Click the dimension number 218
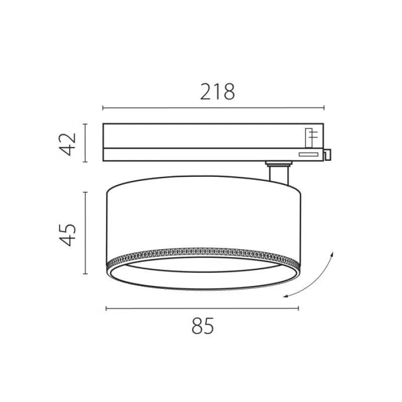pyautogui.click(x=218, y=92)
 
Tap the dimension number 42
pyautogui.click(x=68, y=144)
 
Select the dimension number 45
pyautogui.click(x=68, y=235)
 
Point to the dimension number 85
pyautogui.click(x=203, y=326)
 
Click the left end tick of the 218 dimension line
pyautogui.click(x=103, y=108)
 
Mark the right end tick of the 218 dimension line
pyautogui.click(x=324, y=108)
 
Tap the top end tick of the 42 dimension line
pyautogui.click(x=85, y=124)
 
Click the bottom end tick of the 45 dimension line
pyautogui.click(x=85, y=274)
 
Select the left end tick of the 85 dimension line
pyautogui.click(x=106, y=308)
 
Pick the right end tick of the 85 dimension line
pyautogui.click(x=298, y=308)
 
